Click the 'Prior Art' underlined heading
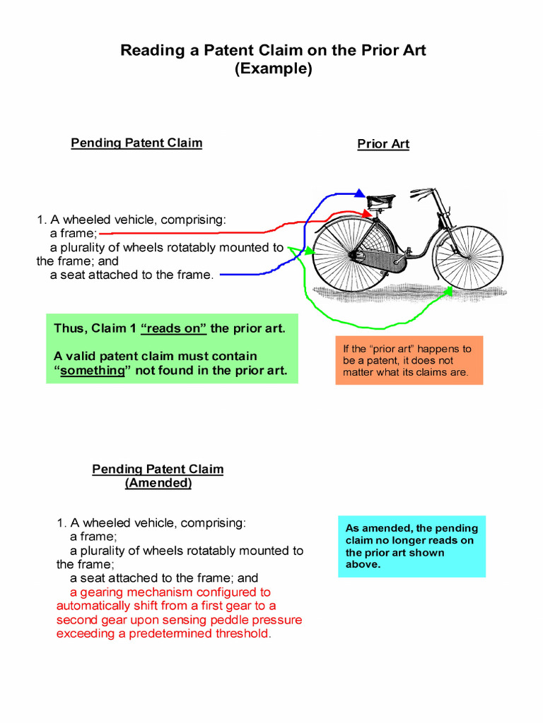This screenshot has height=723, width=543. [x=383, y=144]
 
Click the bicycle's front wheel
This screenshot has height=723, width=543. [x=468, y=252]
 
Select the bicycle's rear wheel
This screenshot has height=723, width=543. [x=351, y=254]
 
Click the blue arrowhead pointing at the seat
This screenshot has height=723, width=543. [x=361, y=193]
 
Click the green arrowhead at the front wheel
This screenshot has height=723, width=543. [x=448, y=290]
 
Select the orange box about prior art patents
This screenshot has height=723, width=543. [x=409, y=360]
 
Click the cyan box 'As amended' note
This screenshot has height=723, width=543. [x=411, y=546]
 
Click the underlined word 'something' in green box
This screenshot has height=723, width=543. [x=93, y=370]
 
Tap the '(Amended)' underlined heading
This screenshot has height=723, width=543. [x=158, y=483]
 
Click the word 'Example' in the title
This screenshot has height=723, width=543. [x=273, y=69]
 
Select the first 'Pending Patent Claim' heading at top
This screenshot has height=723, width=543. [x=136, y=143]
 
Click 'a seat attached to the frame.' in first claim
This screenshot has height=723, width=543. [x=132, y=275]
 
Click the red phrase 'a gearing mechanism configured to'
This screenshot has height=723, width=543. [x=170, y=592]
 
